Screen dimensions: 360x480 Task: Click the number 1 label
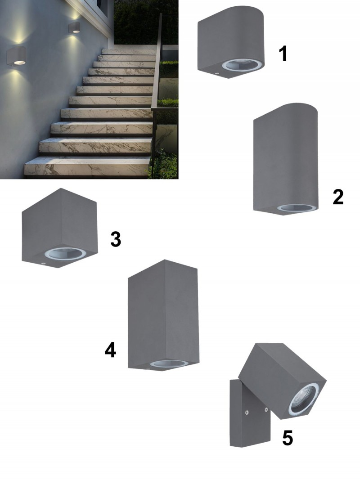pos(283,54)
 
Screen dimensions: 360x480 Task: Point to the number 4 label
pos(110,350)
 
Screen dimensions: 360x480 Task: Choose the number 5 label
pos(288,438)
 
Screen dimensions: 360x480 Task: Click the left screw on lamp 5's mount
pos(247,413)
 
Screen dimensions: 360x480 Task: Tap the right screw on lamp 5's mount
pos(266,409)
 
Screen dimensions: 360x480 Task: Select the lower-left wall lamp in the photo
pos(16,56)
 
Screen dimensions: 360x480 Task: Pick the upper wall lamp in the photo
pos(74,27)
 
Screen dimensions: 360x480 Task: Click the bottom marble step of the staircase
pos(87,167)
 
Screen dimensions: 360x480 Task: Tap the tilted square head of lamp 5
pos(282,381)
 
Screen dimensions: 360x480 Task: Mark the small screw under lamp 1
pos(217,73)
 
